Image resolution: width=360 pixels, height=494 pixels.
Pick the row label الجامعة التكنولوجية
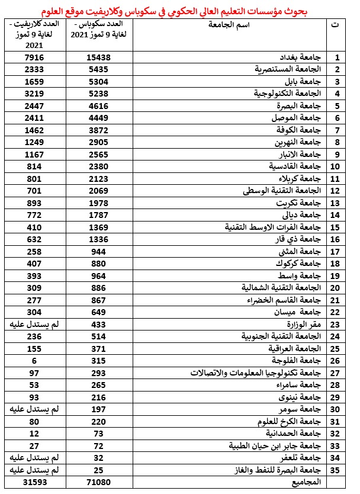(287, 94)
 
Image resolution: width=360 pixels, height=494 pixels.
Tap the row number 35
(337, 470)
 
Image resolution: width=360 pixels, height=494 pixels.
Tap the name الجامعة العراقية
(293, 348)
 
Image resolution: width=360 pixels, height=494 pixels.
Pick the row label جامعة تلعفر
(303, 458)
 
